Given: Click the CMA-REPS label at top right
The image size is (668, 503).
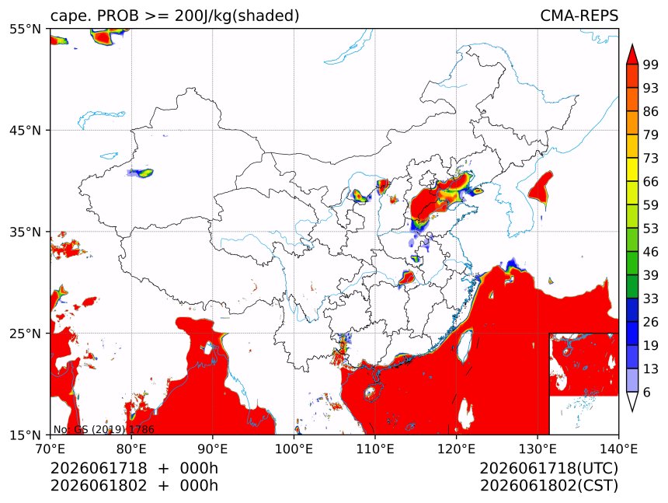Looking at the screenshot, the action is (x=579, y=16).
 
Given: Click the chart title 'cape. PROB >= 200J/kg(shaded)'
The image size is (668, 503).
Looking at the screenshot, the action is (x=175, y=16).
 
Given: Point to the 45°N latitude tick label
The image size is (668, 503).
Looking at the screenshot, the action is (x=26, y=130).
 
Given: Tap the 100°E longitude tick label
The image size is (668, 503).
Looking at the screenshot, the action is (x=294, y=449).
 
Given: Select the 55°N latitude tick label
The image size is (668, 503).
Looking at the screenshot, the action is (x=26, y=29).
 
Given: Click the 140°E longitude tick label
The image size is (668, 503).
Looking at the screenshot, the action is (x=618, y=449).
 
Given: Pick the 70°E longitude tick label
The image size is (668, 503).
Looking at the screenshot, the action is (x=50, y=449).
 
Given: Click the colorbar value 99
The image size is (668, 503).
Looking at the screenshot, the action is (x=651, y=65).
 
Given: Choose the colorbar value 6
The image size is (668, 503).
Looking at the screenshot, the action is (x=647, y=392).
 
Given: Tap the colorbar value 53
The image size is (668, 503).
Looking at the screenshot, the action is (x=651, y=229).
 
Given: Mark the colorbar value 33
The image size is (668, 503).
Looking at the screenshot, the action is (x=651, y=299).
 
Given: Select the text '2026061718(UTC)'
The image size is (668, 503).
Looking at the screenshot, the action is (x=548, y=469).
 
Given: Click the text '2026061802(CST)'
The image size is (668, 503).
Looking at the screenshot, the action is (x=548, y=486).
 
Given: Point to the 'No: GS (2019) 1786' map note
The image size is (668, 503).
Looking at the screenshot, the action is (x=103, y=429).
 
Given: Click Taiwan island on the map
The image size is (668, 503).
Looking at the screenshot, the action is (x=464, y=344).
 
